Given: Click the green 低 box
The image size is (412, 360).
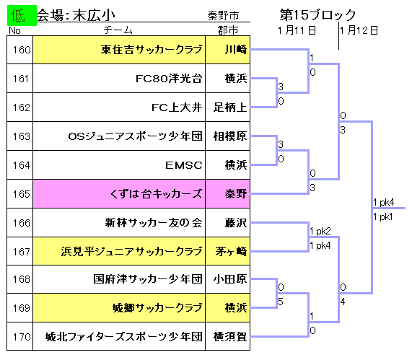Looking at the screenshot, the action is [22, 15].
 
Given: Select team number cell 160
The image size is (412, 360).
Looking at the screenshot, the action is [20, 50].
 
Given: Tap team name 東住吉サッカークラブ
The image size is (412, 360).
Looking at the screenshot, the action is [152, 50].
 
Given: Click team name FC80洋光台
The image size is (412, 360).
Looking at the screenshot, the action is [169, 79].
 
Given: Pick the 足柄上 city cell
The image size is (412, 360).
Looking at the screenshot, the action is [228, 107].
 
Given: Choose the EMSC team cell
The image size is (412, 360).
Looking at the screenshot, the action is [119, 165].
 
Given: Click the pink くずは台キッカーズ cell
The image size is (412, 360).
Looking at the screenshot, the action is [119, 194].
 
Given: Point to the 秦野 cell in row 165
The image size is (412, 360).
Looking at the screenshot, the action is [228, 194].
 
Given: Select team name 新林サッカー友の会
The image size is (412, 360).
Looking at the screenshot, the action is [154, 223].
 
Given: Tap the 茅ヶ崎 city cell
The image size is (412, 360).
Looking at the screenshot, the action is [228, 251].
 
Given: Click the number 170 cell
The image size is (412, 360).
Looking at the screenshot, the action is [20, 336].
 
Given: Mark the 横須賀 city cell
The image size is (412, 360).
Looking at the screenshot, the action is [228, 336].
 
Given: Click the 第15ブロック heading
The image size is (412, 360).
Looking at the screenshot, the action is [317, 14].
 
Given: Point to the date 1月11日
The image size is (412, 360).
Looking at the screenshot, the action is [297, 30].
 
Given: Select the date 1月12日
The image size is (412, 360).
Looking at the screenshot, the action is [359, 30].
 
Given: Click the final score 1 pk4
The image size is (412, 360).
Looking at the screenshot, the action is [384, 202].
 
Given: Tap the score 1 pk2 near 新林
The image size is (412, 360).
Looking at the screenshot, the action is [320, 232].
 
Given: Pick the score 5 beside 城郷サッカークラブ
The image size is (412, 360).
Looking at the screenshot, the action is [281, 302].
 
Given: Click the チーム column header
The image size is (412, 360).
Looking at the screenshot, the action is [118, 30].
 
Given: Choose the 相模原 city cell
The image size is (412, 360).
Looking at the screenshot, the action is [228, 136].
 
